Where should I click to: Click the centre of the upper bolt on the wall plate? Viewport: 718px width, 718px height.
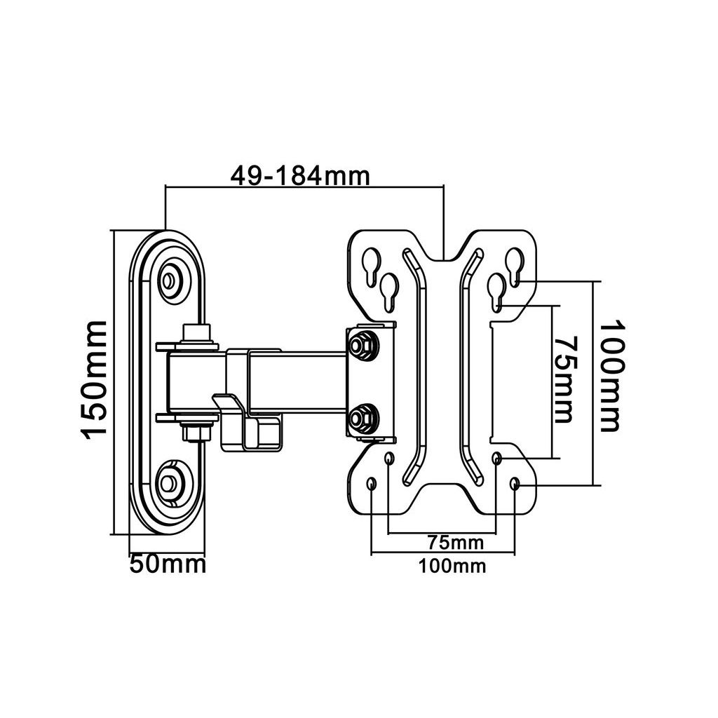click(170, 279)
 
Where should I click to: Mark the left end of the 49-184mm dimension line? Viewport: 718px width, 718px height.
click(165, 187)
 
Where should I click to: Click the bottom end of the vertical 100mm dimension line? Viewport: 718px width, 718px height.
click(593, 485)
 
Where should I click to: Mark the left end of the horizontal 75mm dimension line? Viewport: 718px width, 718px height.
click(388, 533)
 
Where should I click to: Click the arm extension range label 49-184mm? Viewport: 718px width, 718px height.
click(300, 176)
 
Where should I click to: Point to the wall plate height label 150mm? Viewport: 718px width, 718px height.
click(94, 379)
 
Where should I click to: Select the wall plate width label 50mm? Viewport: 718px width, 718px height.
click(168, 564)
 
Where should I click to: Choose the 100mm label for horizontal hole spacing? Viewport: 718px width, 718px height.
click(452, 567)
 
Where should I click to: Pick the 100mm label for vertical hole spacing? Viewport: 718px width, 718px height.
click(611, 376)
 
